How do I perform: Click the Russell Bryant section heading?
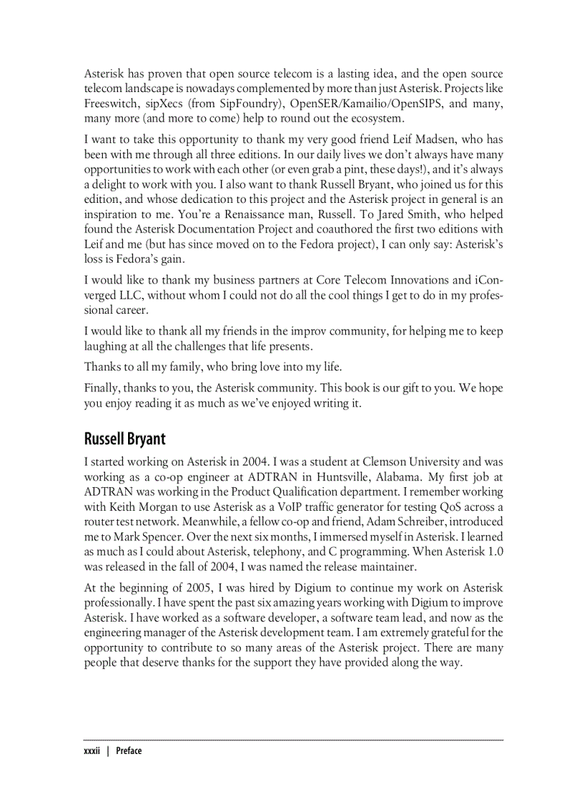click(x=124, y=438)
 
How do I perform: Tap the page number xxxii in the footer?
click(x=92, y=750)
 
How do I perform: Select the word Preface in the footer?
click(x=128, y=750)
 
